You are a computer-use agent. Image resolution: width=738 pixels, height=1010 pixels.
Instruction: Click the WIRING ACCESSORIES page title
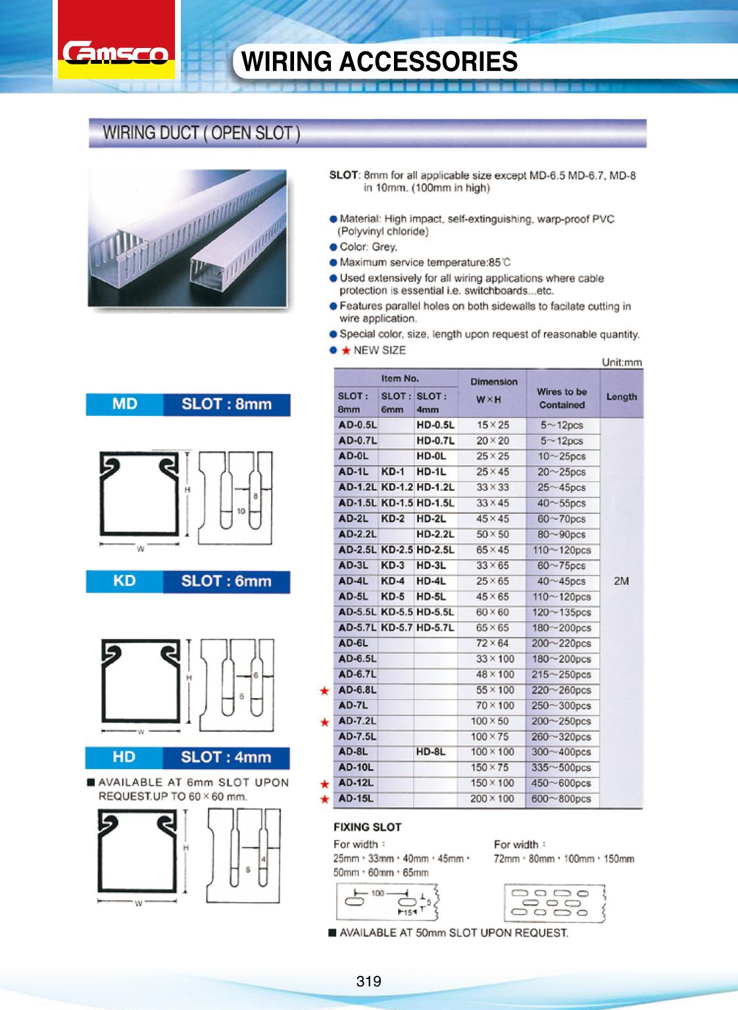point(380,61)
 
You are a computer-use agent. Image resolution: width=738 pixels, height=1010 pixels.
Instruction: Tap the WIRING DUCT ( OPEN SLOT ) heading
point(201,133)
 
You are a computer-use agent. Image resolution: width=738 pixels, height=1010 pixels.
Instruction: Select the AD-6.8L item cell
point(357,690)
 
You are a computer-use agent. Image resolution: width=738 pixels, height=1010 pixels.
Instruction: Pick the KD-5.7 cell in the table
point(397,628)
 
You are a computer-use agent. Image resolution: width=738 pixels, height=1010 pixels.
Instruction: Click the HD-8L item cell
point(431,752)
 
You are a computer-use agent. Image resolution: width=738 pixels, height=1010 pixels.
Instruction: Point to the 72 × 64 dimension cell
point(493,644)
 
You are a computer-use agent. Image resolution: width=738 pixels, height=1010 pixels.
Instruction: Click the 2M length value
point(621,581)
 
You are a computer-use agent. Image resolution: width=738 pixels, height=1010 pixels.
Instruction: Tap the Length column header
point(622,397)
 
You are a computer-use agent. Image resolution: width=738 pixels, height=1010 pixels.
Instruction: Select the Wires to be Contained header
point(562,398)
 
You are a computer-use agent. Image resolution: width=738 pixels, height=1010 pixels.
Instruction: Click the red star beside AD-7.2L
point(324,722)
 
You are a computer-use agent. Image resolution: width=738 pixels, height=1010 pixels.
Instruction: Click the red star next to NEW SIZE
point(345,350)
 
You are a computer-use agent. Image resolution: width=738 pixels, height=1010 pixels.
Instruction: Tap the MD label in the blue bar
point(124,404)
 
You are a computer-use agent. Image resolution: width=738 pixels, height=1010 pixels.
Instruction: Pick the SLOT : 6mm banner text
point(226,581)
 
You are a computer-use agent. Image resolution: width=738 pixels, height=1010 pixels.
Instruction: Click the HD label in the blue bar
point(124,757)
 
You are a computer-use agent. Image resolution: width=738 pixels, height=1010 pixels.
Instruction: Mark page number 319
point(368,981)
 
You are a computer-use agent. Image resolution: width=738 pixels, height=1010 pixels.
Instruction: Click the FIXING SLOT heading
point(367,827)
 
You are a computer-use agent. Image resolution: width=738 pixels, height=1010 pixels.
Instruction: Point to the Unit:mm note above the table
point(622,363)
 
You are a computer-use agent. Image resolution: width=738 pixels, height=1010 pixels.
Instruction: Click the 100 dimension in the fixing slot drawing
point(378,893)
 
